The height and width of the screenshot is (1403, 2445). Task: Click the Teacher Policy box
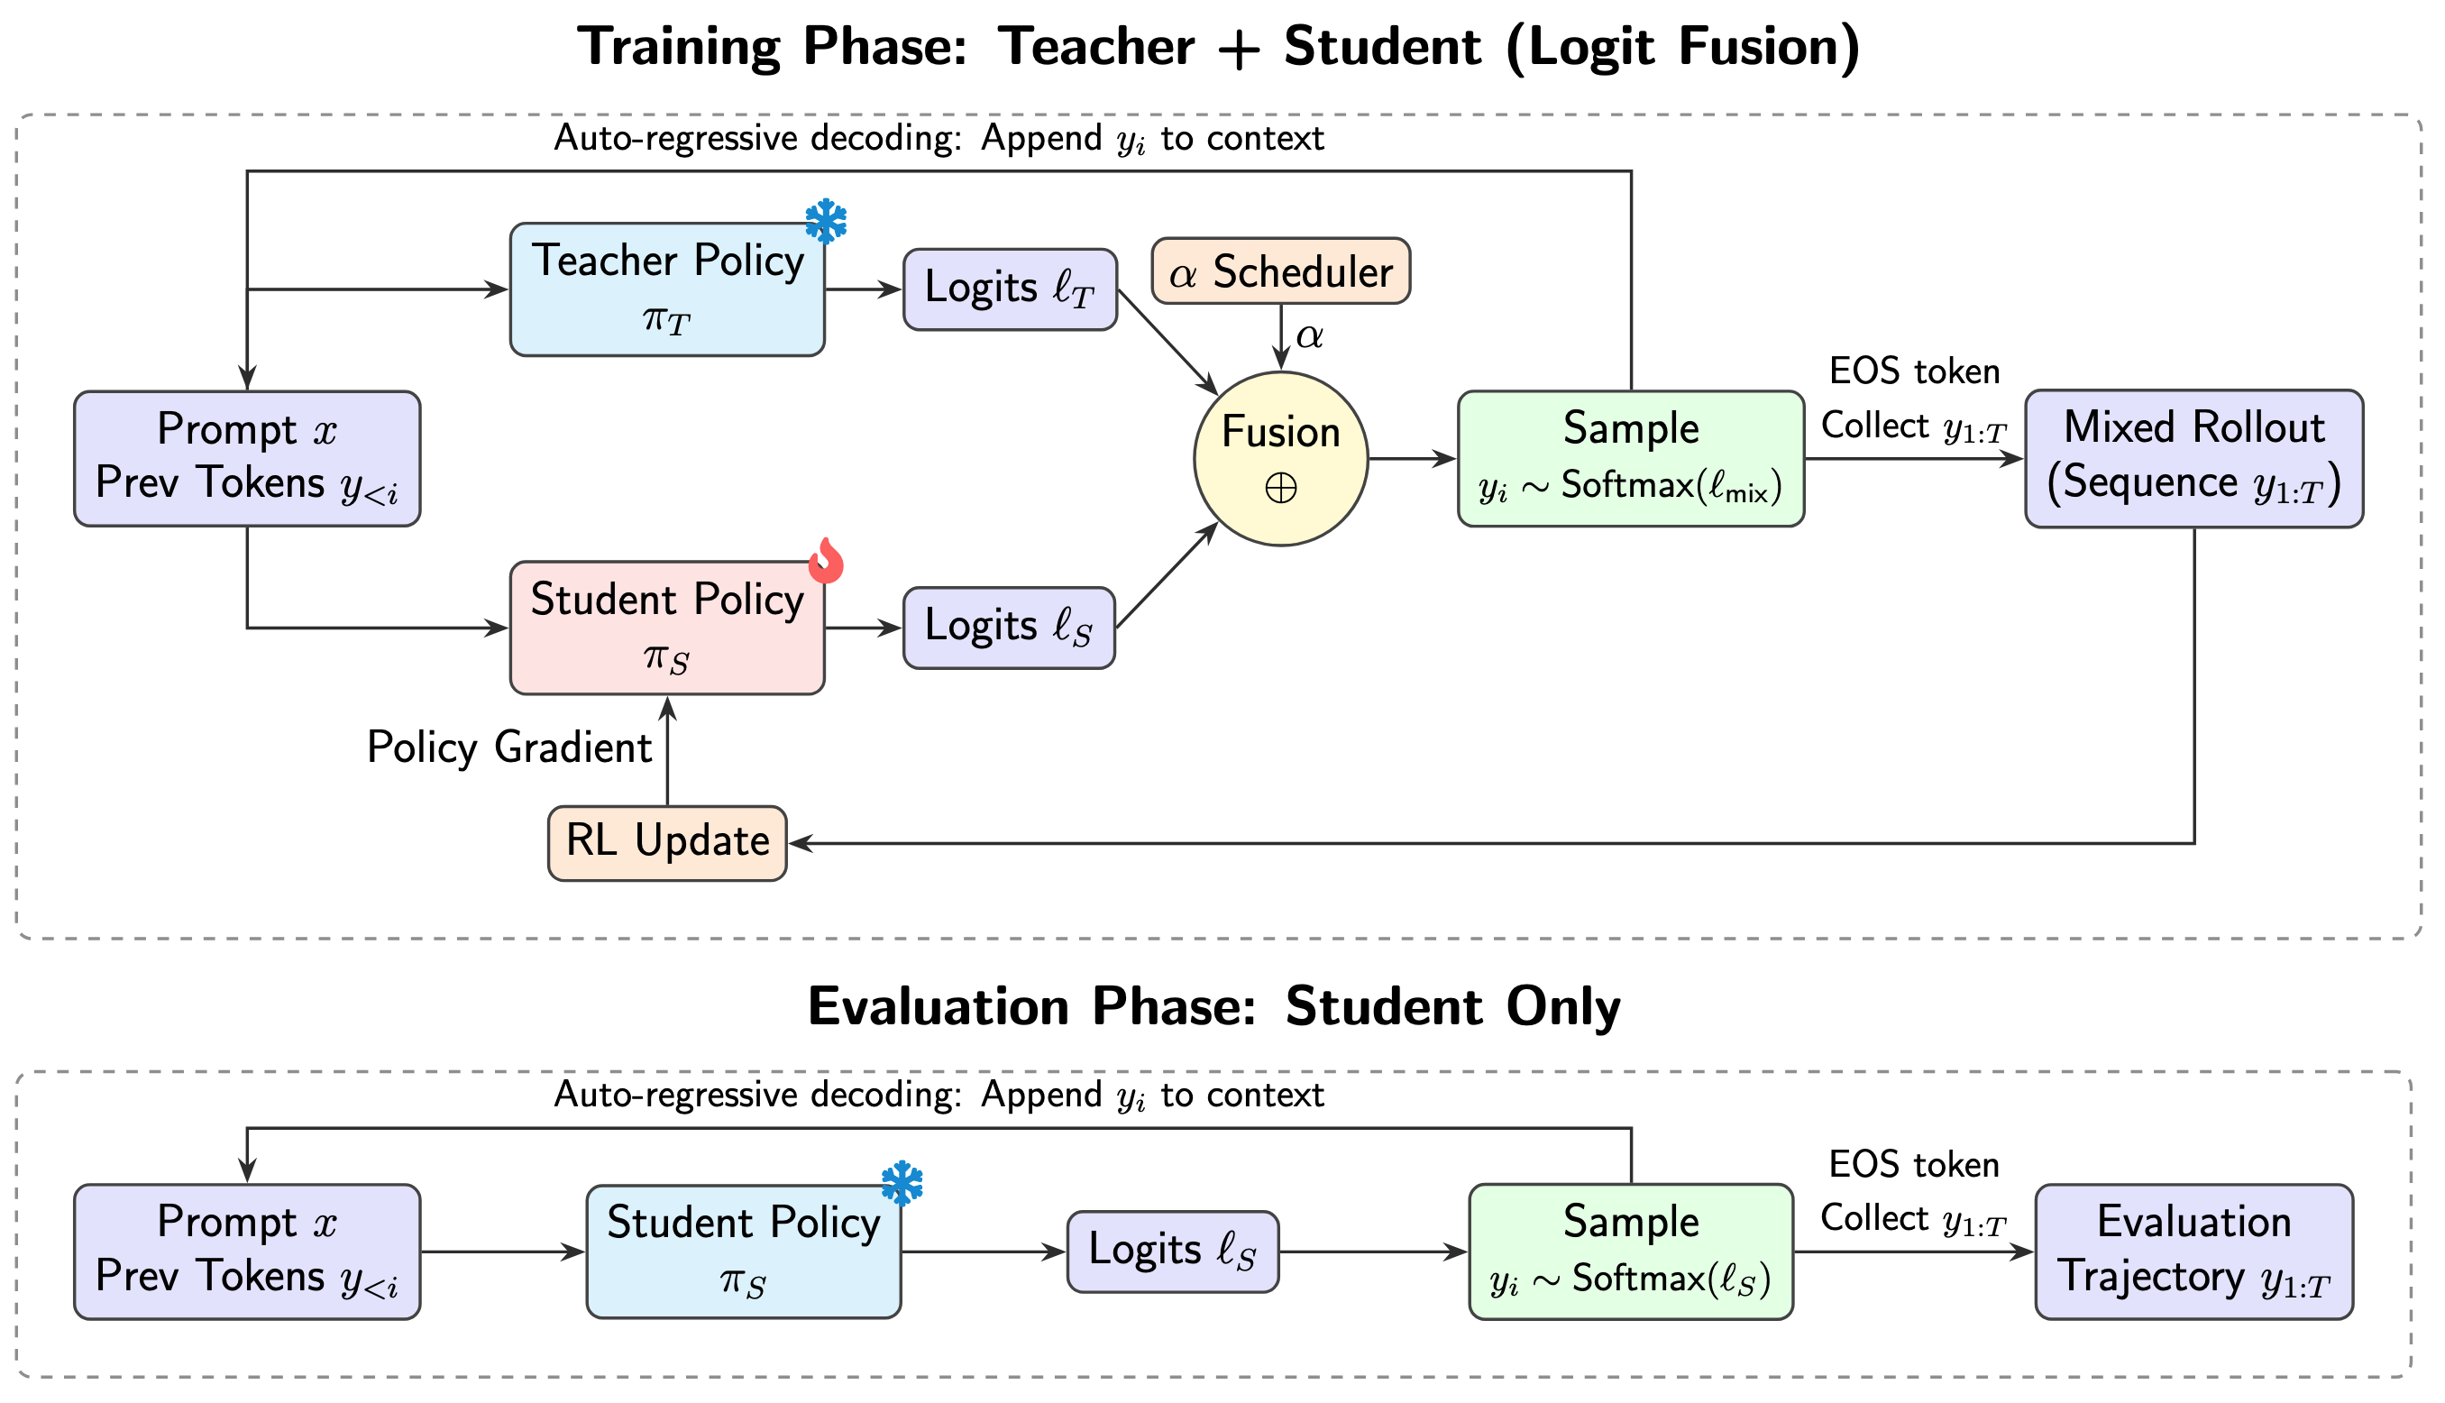click(x=666, y=289)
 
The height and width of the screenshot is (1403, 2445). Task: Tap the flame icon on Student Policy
click(x=826, y=561)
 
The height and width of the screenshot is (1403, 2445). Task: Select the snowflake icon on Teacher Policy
click(x=826, y=222)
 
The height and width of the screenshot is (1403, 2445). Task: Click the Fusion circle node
click(x=1279, y=459)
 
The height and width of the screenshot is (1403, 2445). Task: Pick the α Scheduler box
click(x=1279, y=271)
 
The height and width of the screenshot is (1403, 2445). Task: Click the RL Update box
click(x=666, y=842)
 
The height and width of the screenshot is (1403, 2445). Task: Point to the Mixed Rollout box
click(x=2193, y=459)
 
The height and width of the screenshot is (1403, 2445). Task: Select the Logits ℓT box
click(x=1009, y=289)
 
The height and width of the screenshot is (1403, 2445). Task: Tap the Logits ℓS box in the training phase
click(x=1008, y=628)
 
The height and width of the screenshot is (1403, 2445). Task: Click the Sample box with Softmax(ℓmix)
click(x=1630, y=459)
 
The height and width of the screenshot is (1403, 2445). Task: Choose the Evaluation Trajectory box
click(x=2193, y=1251)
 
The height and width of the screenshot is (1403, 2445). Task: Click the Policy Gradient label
click(x=508, y=747)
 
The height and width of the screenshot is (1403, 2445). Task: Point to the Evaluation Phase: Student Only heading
click(x=1213, y=1007)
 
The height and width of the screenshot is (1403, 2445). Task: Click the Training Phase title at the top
click(x=1219, y=46)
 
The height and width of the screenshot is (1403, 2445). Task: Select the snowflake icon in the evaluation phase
click(x=902, y=1183)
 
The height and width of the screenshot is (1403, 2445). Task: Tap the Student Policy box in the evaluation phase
click(x=743, y=1251)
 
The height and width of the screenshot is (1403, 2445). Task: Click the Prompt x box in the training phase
click(x=247, y=459)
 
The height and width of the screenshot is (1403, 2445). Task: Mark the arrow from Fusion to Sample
click(x=1411, y=459)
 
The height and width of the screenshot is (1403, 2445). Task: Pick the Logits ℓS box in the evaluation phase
click(x=1171, y=1251)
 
